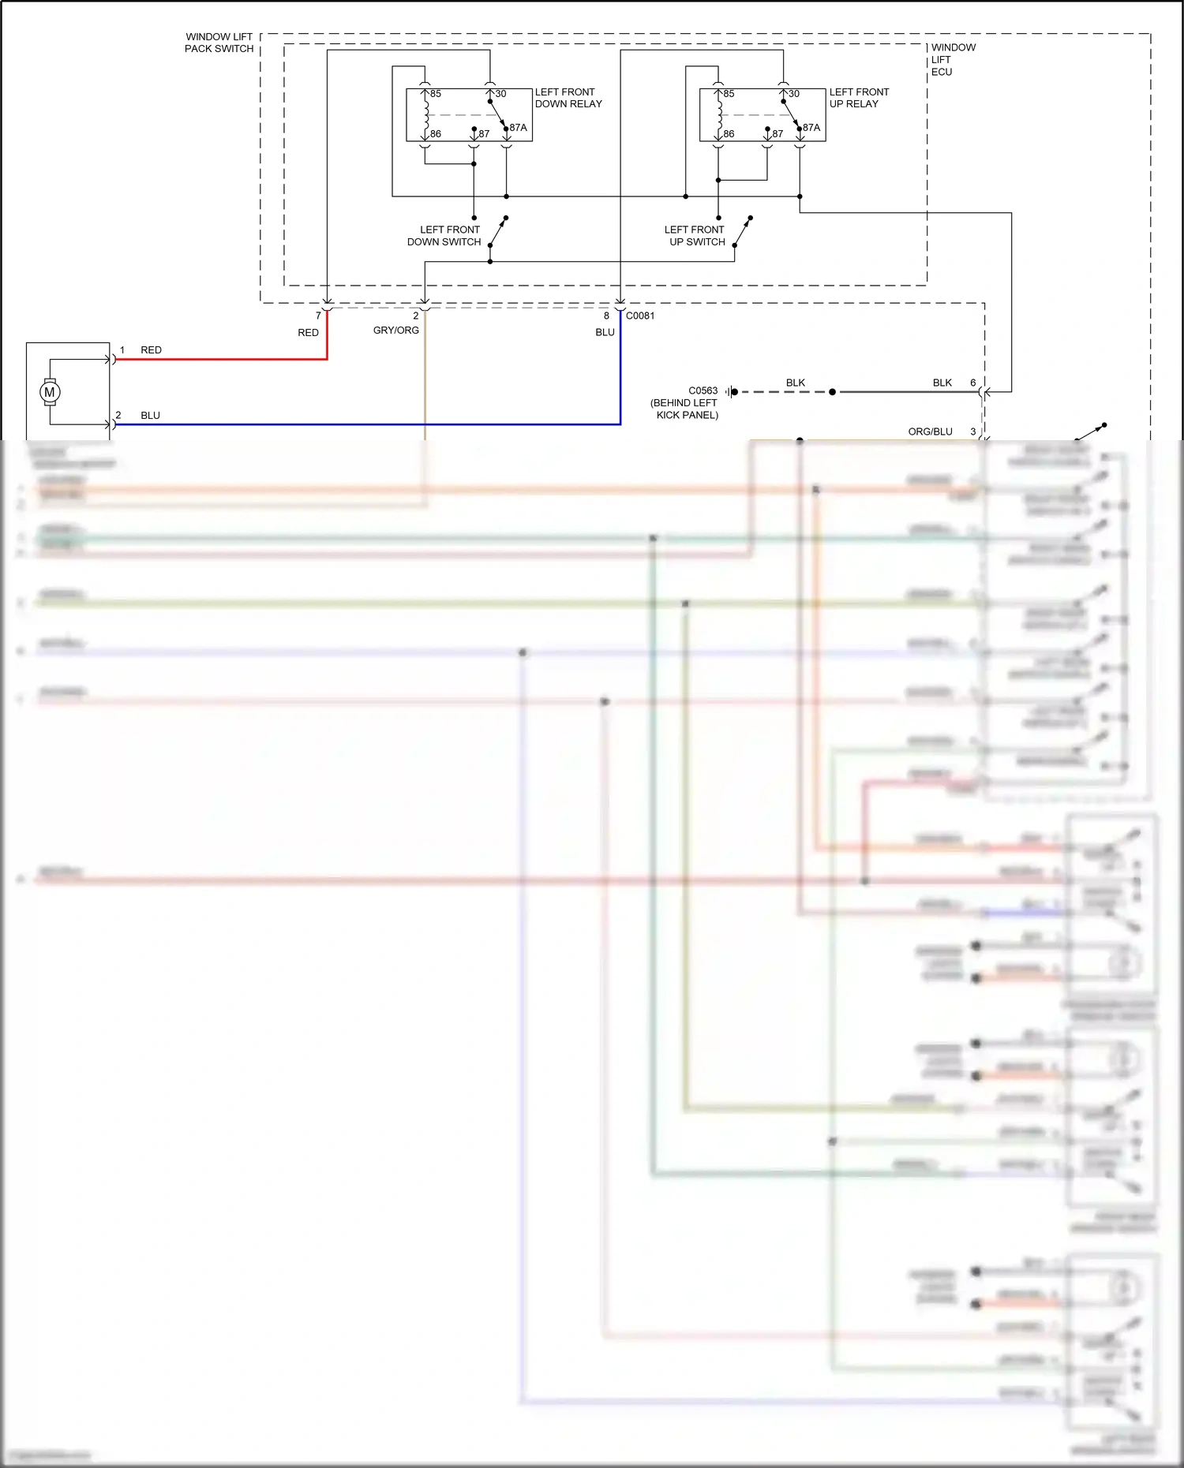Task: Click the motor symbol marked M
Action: point(50,392)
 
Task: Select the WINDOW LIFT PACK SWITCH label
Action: point(219,43)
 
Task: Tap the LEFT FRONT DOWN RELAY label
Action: point(568,98)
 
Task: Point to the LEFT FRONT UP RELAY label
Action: point(859,98)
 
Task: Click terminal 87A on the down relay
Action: point(518,127)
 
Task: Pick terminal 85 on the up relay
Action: point(729,94)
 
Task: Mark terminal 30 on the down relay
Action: point(500,94)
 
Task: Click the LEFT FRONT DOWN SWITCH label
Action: point(444,236)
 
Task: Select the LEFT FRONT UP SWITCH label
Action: point(695,236)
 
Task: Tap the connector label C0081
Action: point(640,316)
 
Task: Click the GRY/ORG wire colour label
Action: point(396,331)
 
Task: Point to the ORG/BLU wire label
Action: point(930,431)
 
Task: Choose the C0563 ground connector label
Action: point(703,390)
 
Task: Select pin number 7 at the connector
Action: point(318,316)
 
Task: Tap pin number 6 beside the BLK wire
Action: point(972,383)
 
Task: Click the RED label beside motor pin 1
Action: point(151,350)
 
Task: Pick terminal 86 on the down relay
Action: point(435,134)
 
